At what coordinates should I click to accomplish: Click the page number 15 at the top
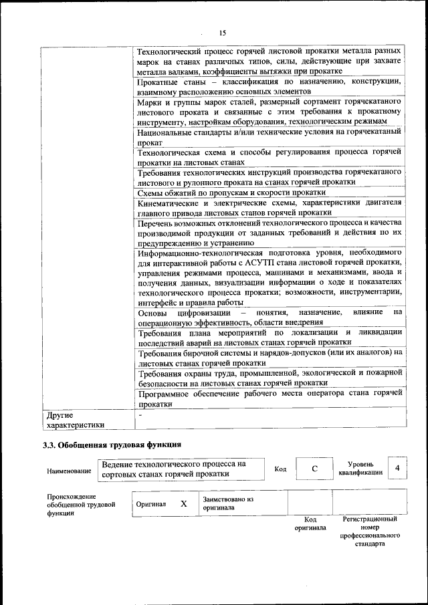tap(223, 32)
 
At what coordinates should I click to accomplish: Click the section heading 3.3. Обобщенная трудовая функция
tap(112, 444)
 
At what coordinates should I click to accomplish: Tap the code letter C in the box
tap(314, 469)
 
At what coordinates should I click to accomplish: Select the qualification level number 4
tap(397, 468)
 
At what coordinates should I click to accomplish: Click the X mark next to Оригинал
tap(183, 503)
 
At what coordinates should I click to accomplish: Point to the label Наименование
tap(69, 471)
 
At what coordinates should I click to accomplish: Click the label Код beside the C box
tap(280, 469)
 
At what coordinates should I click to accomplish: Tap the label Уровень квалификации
tap(360, 468)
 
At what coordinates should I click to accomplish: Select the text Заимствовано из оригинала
tap(228, 503)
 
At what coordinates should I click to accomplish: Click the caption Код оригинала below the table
tap(310, 523)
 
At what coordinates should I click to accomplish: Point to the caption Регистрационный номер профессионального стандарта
tap(370, 531)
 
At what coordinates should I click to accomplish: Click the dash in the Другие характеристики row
tap(139, 416)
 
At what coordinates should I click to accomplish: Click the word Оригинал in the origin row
tap(150, 504)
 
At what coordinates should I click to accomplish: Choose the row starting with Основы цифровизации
tap(270, 318)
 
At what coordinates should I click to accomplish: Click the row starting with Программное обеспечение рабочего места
tap(270, 399)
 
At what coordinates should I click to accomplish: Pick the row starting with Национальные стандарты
tap(270, 138)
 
